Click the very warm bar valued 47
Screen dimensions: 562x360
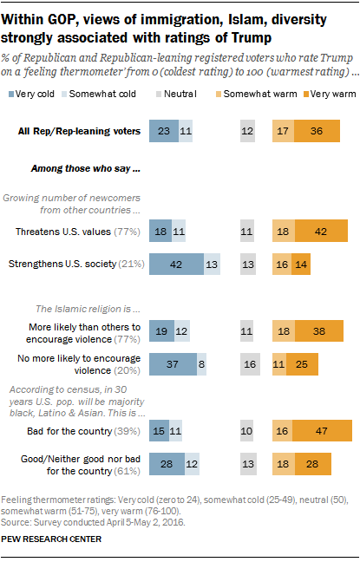point(323,431)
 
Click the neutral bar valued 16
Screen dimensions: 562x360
point(250,363)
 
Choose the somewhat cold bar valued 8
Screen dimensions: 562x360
point(201,363)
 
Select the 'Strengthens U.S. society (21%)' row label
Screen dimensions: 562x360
point(74,264)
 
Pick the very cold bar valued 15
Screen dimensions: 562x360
point(159,431)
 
